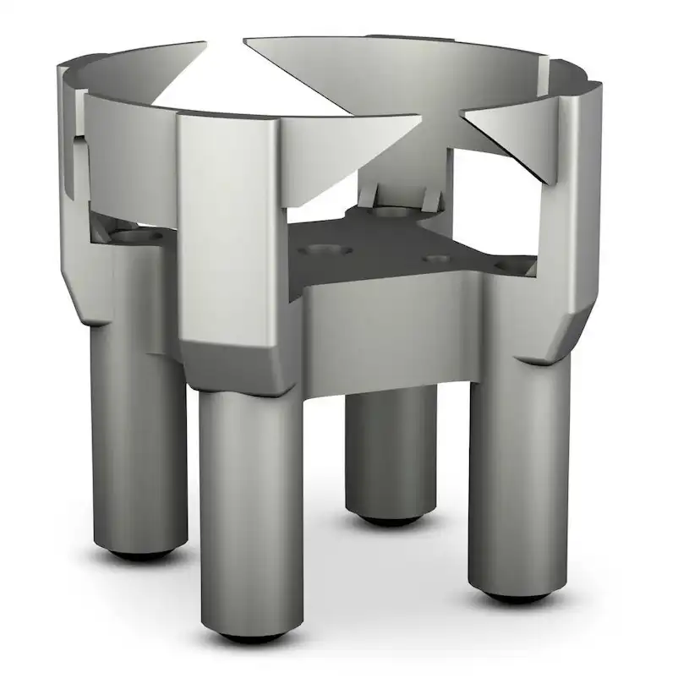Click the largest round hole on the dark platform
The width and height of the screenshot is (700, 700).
click(324, 251)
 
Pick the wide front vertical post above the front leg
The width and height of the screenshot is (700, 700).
click(228, 228)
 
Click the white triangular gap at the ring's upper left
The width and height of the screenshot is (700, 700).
click(194, 85)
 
